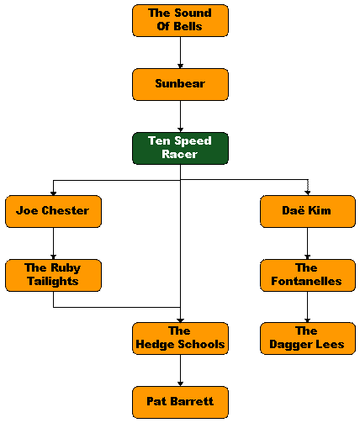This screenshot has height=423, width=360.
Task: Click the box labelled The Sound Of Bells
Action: click(x=180, y=20)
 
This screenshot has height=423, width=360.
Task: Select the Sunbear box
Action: click(x=180, y=84)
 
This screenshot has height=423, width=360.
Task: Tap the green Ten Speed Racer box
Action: click(x=180, y=148)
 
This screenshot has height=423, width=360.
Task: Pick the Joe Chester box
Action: click(x=53, y=211)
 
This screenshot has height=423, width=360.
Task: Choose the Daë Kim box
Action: click(x=308, y=211)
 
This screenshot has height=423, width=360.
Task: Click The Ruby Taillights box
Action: click(x=53, y=275)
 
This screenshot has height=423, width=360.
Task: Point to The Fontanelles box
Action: click(x=308, y=275)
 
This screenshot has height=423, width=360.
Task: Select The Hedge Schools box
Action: click(x=180, y=339)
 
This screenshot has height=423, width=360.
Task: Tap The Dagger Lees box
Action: click(x=308, y=339)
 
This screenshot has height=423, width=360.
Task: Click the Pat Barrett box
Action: click(x=180, y=402)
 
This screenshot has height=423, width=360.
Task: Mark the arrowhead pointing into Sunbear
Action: click(x=180, y=66)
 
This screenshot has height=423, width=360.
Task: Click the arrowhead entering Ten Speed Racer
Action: click(x=180, y=130)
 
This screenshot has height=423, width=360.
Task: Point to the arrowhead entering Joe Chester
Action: click(x=53, y=193)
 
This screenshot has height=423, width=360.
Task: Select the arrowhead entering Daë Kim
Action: click(x=308, y=193)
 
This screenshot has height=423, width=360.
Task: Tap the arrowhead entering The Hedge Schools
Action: click(x=180, y=320)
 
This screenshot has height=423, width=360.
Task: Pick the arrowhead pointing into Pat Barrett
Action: click(x=180, y=384)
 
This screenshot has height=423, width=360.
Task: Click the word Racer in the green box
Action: click(x=179, y=154)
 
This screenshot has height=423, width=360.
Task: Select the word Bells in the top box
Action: click(x=188, y=26)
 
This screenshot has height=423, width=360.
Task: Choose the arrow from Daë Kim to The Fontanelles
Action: click(x=308, y=243)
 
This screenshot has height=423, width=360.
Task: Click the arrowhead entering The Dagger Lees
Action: click(x=308, y=320)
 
